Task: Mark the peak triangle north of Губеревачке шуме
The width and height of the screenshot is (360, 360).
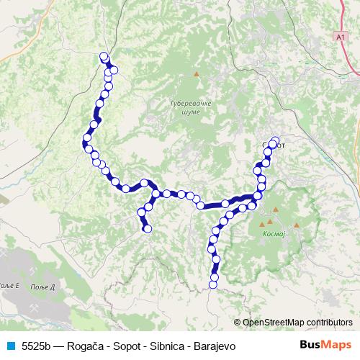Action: click(x=195, y=73)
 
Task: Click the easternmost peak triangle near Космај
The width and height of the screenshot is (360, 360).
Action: click(x=296, y=225)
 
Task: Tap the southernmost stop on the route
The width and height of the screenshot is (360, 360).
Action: click(x=212, y=285)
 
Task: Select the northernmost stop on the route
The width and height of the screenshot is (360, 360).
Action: click(x=103, y=56)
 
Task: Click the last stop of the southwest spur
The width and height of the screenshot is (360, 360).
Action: click(x=148, y=229)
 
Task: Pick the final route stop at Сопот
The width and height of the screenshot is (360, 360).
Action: click(x=274, y=140)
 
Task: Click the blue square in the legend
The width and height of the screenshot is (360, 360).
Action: click(x=9, y=346)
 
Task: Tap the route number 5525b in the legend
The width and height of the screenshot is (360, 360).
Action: click(x=36, y=346)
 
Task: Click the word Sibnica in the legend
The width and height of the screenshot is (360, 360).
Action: click(x=158, y=346)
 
